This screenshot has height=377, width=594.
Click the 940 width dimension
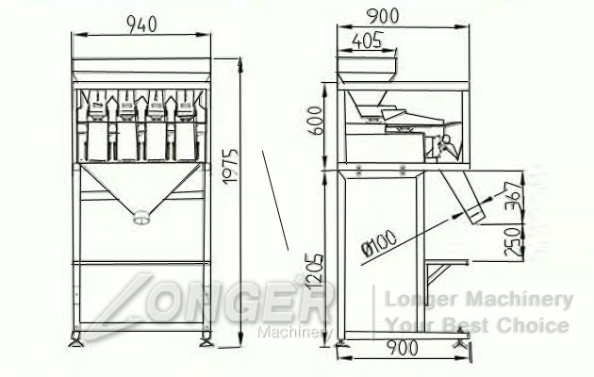tap(141, 25)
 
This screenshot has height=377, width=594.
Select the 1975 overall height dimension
tap(229, 167)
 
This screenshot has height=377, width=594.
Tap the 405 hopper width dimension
tap(368, 41)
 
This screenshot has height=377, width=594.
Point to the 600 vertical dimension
tap(315, 121)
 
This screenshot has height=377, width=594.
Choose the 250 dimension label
tap(513, 241)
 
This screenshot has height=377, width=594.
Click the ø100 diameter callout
tap(379, 243)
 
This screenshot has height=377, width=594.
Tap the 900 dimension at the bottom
tap(403, 348)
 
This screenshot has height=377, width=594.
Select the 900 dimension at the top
tap(384, 16)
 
